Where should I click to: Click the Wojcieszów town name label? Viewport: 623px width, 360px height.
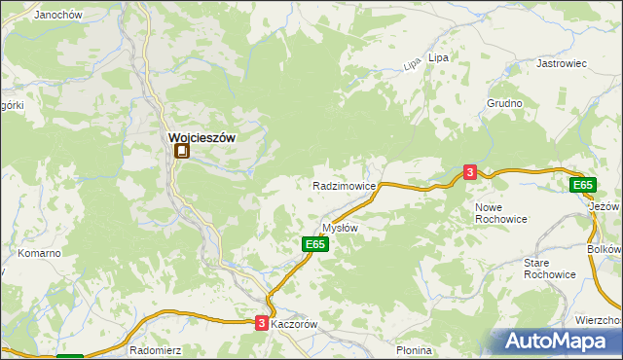pos(202,138)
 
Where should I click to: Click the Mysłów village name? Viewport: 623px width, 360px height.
pos(341,228)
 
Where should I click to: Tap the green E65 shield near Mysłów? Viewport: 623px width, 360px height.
pos(313,245)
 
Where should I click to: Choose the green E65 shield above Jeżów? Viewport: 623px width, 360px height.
pos(582,185)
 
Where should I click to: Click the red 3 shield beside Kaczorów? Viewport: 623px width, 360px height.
pos(261,323)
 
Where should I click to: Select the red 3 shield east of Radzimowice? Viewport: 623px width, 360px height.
pos(470,172)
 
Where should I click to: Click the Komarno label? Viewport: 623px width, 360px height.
pos(40,253)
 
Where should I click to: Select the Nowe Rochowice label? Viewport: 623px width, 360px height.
pos(501,213)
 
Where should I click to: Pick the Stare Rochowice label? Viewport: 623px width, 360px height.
pos(550,269)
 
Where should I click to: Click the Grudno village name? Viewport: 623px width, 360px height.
pos(505,103)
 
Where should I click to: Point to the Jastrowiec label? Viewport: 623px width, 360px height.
pos(562,63)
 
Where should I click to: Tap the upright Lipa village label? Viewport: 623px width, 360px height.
pos(438,58)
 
